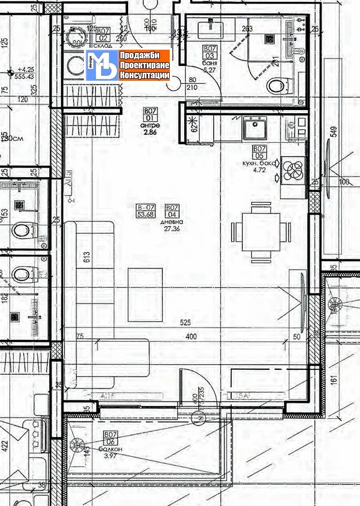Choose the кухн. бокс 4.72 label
point(259,159)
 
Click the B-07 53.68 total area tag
point(146,211)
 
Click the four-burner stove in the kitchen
point(293,170)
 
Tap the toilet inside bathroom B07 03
point(275,85)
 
